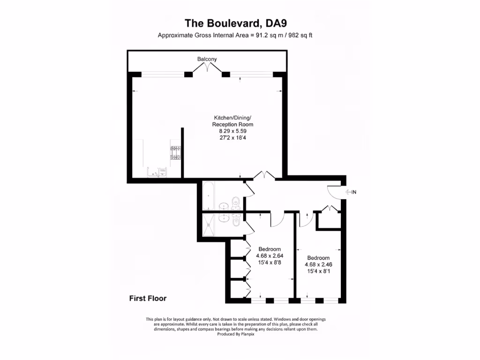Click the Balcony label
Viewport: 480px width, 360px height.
point(207,59)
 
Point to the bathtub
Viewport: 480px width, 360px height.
point(209,196)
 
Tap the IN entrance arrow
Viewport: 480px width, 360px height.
point(351,192)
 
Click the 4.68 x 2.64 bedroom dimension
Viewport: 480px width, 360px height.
point(270,256)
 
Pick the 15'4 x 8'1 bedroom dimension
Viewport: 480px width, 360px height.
point(318,271)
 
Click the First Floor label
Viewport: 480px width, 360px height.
point(148,298)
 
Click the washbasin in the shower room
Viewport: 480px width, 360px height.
point(224,218)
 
